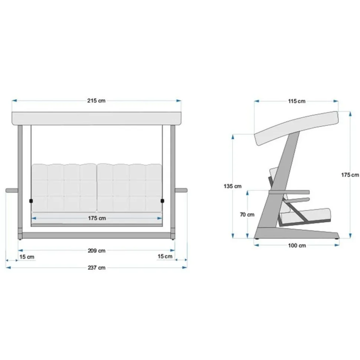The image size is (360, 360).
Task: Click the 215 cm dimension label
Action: pos(96,101)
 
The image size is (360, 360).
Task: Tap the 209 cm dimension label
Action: pos(96,251)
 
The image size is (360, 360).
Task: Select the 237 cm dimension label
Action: pos(96,268)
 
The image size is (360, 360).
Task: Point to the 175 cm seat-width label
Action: pos(97,218)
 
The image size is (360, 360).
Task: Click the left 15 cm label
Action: pos(27,257)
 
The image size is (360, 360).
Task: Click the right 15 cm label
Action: pos(165,256)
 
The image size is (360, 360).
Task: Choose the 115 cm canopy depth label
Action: pos(297,101)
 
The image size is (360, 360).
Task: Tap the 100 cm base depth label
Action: pos(297,245)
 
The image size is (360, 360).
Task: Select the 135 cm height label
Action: pos(233,186)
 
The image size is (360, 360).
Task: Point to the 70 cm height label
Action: pos(247,215)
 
